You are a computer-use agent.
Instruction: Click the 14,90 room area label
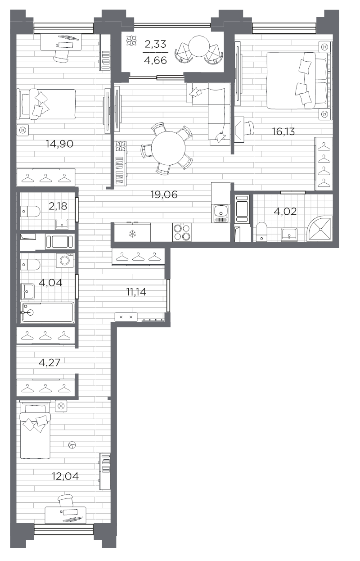click(59, 144)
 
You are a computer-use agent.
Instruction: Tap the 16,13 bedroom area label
click(283, 131)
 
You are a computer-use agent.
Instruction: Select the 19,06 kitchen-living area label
click(164, 195)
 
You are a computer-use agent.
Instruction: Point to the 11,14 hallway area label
click(136, 292)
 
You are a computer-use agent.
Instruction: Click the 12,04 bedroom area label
click(65, 476)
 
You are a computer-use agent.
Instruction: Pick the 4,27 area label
click(49, 362)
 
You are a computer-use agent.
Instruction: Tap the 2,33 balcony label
click(155, 44)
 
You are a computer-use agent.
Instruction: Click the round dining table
click(168, 148)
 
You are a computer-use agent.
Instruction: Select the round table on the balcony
click(199, 46)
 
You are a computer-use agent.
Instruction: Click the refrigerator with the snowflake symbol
click(132, 232)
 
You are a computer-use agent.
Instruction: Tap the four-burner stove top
click(182, 232)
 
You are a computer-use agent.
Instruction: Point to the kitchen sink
click(221, 213)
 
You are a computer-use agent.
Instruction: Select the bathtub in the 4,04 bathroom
click(48, 312)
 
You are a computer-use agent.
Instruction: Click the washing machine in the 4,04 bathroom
click(65, 260)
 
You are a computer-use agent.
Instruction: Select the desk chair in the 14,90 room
click(61, 56)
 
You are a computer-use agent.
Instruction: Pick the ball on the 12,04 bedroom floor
click(72, 445)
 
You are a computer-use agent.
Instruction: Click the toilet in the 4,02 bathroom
click(262, 231)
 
